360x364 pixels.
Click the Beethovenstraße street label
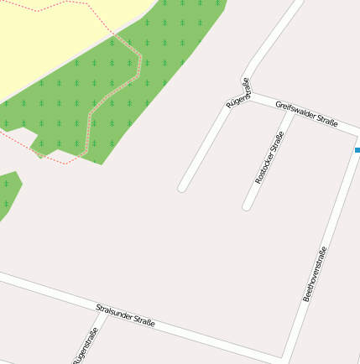[x=315, y=273]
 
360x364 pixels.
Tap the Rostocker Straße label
[x=269, y=158]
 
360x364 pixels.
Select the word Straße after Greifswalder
[x=325, y=120]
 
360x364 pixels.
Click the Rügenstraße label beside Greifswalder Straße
[x=238, y=93]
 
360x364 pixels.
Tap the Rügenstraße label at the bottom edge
[x=85, y=346]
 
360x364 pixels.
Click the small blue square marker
[x=357, y=150]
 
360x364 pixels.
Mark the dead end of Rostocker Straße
[x=247, y=205]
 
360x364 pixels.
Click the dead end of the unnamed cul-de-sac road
[x=182, y=188]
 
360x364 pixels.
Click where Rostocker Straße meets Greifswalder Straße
[x=290, y=110]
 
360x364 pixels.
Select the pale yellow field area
[x=50, y=42]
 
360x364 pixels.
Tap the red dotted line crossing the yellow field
[x=50, y=7]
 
